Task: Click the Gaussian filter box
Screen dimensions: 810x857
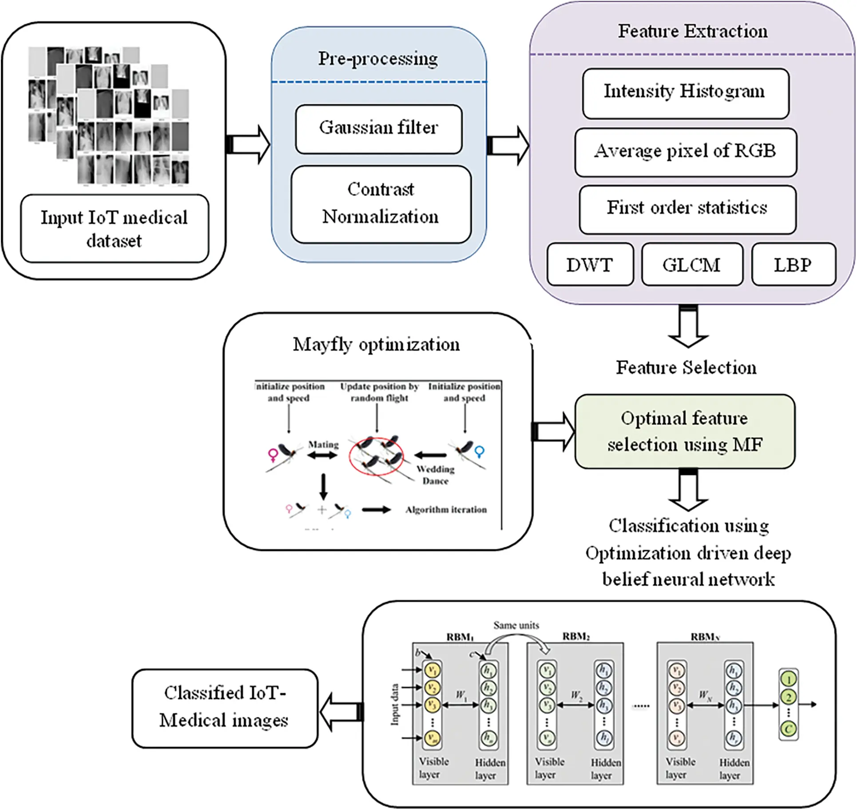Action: tap(379, 129)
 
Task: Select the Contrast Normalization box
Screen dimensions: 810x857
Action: tap(381, 204)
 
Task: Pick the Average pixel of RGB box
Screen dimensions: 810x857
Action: tap(685, 152)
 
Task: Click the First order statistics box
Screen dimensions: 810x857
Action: tap(687, 209)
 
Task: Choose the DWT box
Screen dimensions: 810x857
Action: tap(590, 265)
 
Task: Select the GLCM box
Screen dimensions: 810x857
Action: tap(691, 265)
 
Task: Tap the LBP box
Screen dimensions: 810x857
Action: tap(793, 265)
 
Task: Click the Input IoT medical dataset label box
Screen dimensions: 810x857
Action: tap(115, 229)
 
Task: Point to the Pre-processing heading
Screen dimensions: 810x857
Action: tap(378, 59)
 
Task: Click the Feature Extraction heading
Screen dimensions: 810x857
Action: tap(692, 31)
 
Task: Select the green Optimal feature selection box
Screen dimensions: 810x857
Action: tap(684, 431)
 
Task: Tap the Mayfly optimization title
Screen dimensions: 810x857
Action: tap(376, 344)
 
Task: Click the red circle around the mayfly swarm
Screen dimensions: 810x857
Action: tap(376, 456)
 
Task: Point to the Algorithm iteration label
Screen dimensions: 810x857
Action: tap(445, 510)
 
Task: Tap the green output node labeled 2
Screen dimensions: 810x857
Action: tap(789, 697)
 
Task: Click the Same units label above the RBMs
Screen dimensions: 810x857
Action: tap(516, 625)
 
